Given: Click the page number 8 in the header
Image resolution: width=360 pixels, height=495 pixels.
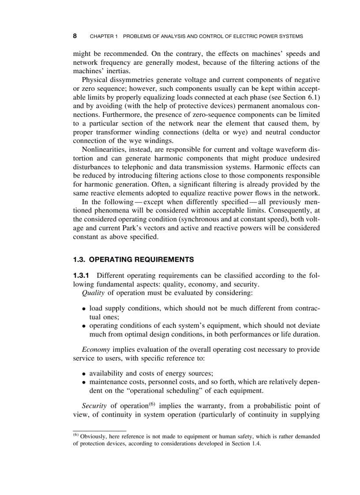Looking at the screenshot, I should [75, 36].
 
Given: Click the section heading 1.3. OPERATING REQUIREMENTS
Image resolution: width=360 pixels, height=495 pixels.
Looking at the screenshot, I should [133, 259].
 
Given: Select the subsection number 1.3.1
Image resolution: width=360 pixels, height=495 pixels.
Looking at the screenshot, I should [82, 276].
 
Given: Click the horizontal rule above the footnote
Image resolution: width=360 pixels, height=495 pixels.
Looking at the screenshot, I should [99, 430].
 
